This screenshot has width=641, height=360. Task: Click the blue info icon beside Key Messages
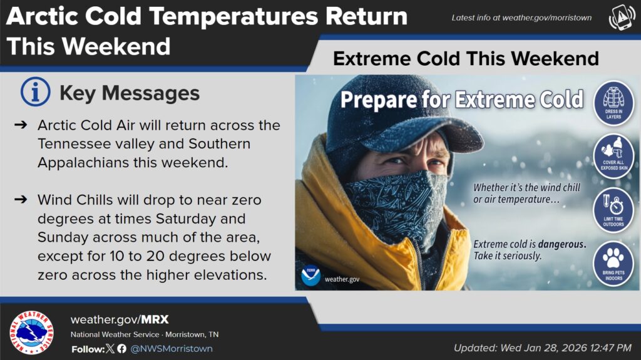coord(36,91)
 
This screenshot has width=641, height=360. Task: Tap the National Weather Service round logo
coord(31,332)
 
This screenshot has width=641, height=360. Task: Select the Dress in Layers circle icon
coord(613,103)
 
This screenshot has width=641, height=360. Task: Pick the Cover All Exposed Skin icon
coord(613,156)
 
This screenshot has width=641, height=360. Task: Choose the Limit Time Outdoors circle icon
coord(613,210)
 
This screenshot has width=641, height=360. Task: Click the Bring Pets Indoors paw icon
coord(613,264)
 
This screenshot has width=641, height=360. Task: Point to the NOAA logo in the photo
coord(310,275)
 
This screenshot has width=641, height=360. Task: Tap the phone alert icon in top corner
coord(622,18)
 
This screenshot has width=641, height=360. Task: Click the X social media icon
coord(110,349)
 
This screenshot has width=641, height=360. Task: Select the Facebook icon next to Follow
coord(122,349)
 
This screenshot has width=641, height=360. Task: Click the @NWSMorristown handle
coord(172,349)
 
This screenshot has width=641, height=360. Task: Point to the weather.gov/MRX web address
coord(120,319)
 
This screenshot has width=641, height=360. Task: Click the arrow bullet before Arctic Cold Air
coord(21,125)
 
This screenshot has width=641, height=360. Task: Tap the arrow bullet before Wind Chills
coord(21,200)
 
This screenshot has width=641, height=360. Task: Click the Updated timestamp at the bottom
coord(543,348)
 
